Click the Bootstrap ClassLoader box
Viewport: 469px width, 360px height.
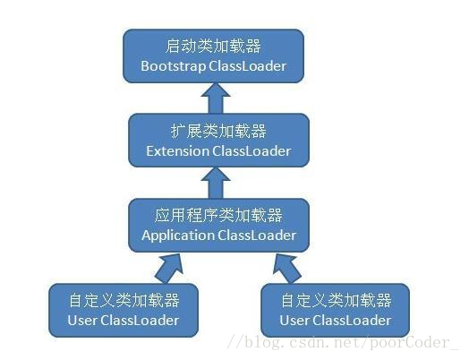coord(212,55)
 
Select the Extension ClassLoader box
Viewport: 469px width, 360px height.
coord(217,140)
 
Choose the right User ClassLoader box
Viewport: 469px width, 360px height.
coord(335,309)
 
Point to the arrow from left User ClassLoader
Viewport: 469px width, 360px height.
coord(167,264)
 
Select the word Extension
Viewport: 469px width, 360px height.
coord(177,150)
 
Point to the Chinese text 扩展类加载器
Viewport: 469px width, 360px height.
coord(217,130)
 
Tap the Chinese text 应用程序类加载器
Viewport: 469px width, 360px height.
coord(217,215)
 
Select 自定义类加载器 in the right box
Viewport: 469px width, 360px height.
coord(335,299)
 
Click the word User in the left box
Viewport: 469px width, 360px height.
coord(81,320)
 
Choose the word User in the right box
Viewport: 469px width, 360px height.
coord(294,320)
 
